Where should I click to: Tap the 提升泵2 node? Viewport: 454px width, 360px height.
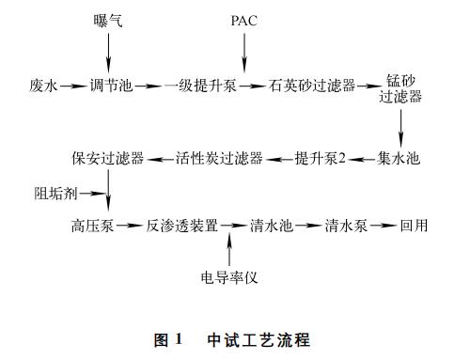[321, 158]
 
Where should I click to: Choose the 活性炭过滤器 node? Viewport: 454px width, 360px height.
[219, 158]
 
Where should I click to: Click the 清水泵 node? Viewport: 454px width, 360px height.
[346, 227]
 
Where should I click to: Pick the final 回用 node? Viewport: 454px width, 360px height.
[414, 227]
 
